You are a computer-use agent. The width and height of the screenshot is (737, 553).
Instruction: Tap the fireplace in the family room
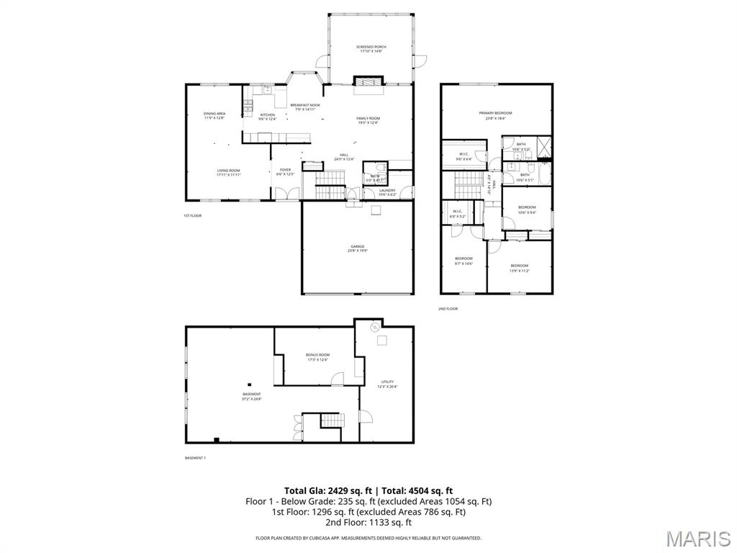tap(368, 83)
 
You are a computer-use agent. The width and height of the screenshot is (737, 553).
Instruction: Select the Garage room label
tap(358, 248)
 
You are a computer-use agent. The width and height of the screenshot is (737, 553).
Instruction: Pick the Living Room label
tap(229, 172)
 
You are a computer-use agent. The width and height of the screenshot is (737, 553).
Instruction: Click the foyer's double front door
tap(286, 193)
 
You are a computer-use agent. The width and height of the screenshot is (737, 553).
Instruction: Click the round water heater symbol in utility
tap(374, 328)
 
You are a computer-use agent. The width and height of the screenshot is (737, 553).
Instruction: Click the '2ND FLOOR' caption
tap(448, 309)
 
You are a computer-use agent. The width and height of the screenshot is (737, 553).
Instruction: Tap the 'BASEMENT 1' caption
tap(195, 458)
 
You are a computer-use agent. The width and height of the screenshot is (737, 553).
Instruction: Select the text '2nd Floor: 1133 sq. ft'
tap(368, 523)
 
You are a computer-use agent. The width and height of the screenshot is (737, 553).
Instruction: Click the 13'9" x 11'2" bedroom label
tap(519, 268)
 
